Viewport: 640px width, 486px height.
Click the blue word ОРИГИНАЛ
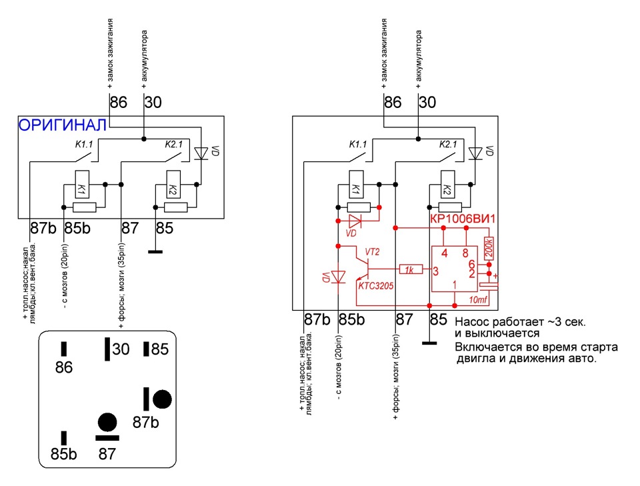[x=62, y=125]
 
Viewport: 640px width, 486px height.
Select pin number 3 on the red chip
[x=435, y=271]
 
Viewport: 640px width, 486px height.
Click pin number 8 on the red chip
[x=465, y=253]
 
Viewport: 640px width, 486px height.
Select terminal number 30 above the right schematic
[x=427, y=103]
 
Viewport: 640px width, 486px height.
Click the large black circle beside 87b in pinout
[x=162, y=399]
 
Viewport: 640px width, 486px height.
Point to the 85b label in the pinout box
[x=64, y=455]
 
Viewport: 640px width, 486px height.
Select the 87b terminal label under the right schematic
[x=317, y=319]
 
